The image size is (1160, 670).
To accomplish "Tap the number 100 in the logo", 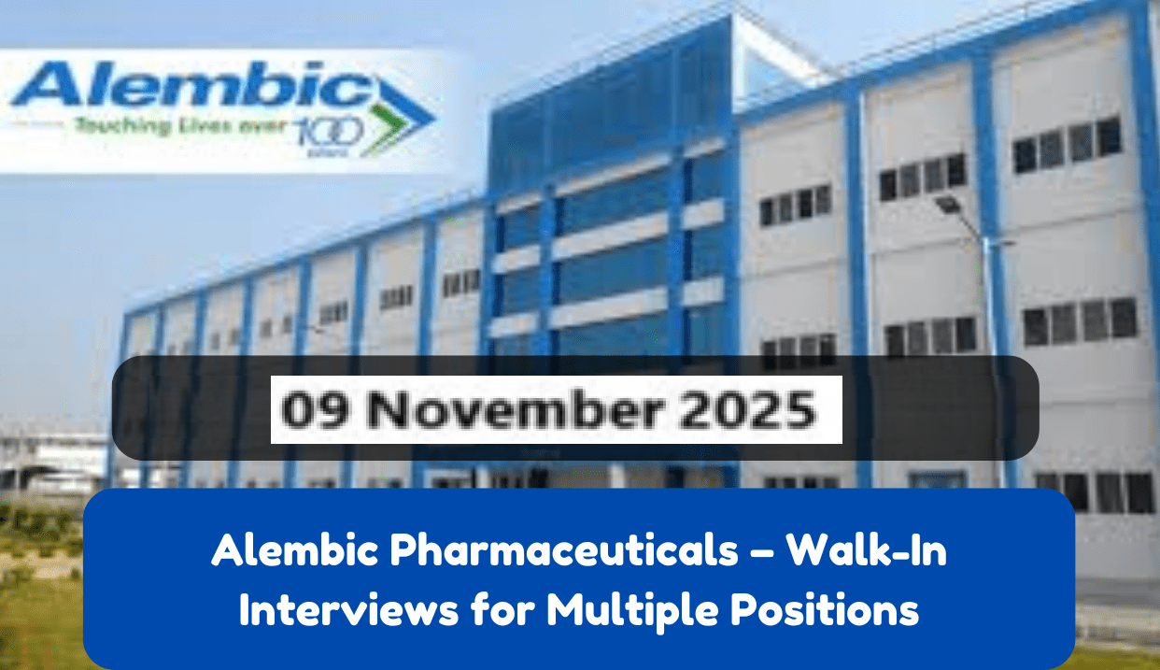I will [x=318, y=130].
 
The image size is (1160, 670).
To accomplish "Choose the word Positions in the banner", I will [x=823, y=611].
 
